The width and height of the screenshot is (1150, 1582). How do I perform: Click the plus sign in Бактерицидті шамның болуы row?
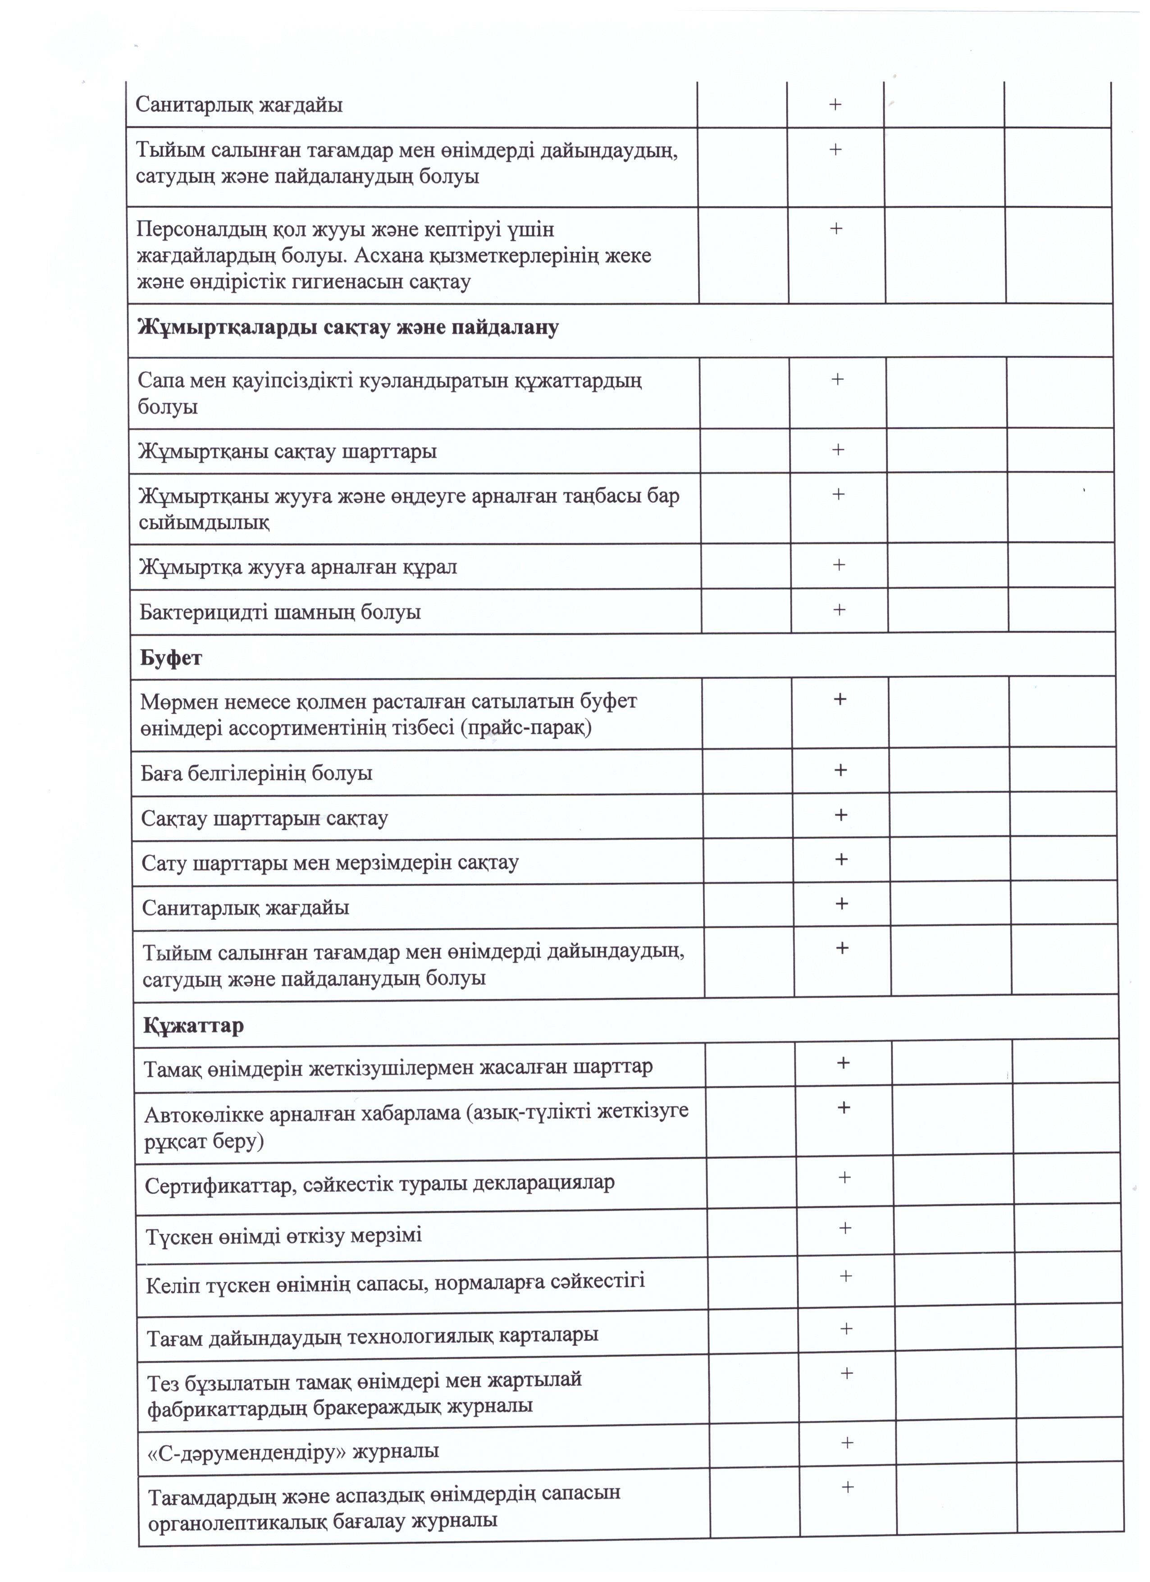tap(839, 610)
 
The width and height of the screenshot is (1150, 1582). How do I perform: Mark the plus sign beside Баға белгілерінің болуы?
tap(840, 770)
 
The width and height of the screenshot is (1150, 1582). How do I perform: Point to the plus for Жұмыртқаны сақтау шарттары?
tap(838, 450)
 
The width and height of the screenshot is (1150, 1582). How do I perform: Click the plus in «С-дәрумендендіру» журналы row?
tap(847, 1442)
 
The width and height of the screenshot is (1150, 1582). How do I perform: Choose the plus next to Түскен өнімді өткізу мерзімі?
tap(844, 1228)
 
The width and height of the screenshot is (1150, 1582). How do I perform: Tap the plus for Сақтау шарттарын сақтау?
tap(841, 815)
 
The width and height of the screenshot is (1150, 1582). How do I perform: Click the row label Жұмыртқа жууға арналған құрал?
tap(298, 567)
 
